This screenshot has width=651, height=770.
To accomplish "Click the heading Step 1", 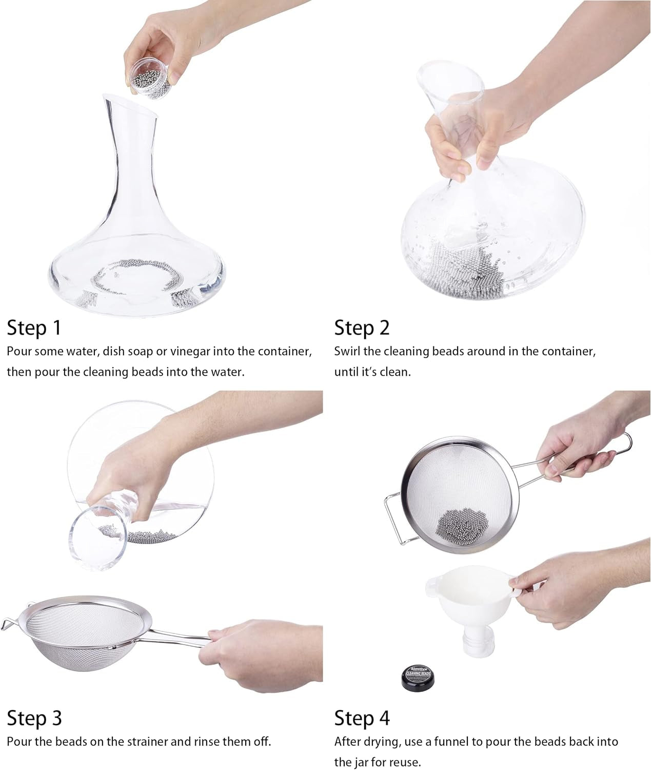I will click(34, 328).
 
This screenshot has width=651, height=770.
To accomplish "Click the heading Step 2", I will click(362, 328).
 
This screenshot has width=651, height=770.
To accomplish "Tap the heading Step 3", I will click(34, 718).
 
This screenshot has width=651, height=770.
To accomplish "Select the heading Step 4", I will click(362, 718).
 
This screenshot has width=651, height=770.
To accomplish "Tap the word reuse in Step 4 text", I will click(406, 762).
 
